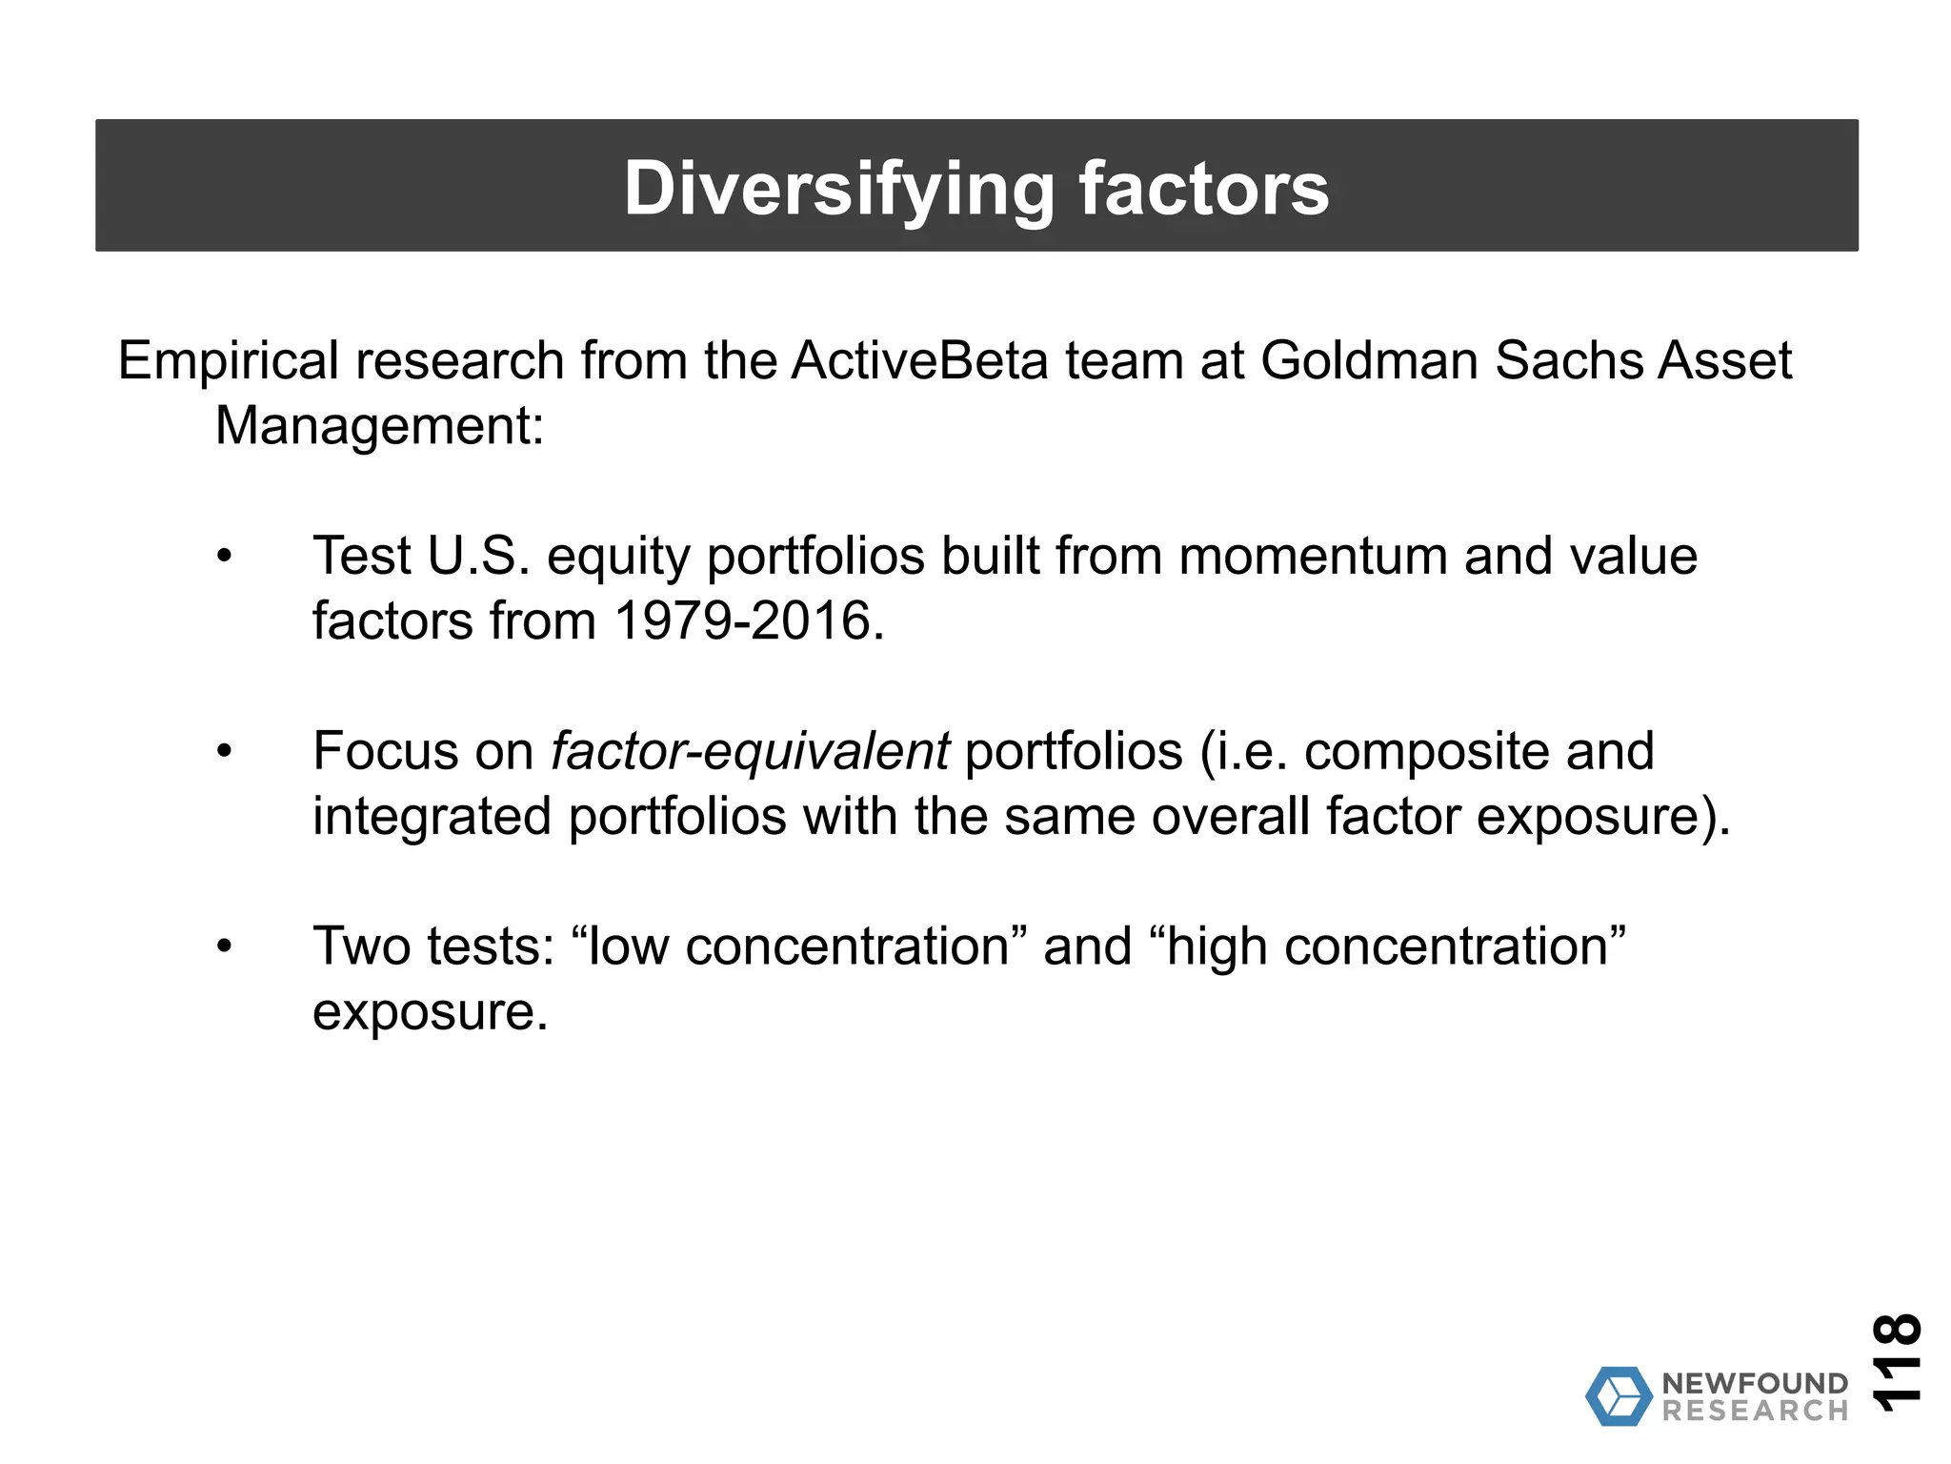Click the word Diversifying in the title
click(x=838, y=189)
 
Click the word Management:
click(x=379, y=426)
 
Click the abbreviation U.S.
click(x=478, y=557)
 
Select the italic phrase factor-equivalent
click(x=750, y=752)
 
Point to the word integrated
click(x=432, y=817)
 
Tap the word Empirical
click(x=229, y=361)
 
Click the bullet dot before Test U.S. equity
click(x=224, y=557)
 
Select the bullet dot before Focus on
click(x=224, y=752)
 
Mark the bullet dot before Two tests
click(x=224, y=947)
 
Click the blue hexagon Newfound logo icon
click(x=1619, y=1396)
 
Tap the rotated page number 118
click(x=1896, y=1362)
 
